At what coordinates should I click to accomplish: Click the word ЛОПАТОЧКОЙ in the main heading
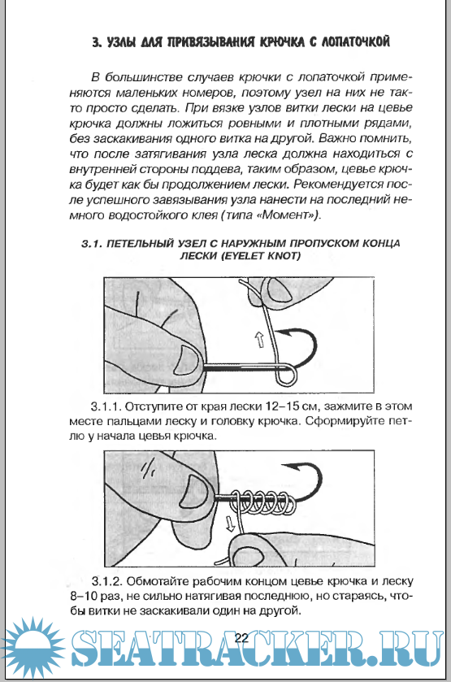(355, 42)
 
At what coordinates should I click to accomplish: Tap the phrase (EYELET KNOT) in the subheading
(261, 256)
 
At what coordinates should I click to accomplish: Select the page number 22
(241, 638)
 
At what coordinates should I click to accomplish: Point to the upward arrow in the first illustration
(259, 339)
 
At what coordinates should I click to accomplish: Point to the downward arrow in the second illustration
(230, 523)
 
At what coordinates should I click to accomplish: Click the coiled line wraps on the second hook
(263, 501)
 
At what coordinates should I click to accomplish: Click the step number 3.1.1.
(106, 406)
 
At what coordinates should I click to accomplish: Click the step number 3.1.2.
(107, 581)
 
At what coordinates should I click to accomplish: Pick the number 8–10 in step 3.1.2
(86, 597)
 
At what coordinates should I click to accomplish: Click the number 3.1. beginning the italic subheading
(91, 244)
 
